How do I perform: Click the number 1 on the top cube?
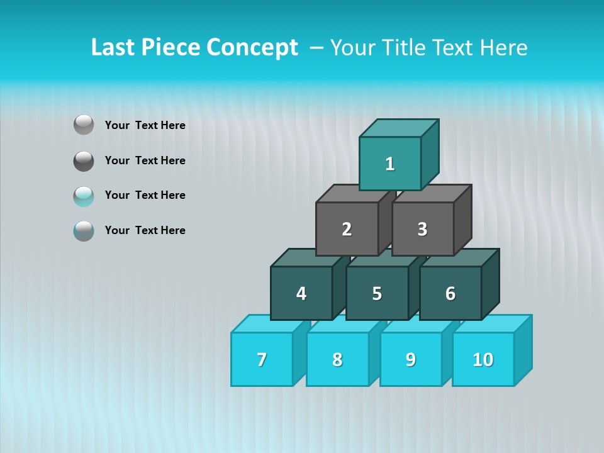pyautogui.click(x=390, y=164)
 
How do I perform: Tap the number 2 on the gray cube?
pyautogui.click(x=347, y=230)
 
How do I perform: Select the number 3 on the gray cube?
pyautogui.click(x=422, y=230)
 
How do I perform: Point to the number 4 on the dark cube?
pyautogui.click(x=301, y=294)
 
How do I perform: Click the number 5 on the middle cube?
pyautogui.click(x=377, y=294)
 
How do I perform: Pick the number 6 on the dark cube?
pyautogui.click(x=450, y=294)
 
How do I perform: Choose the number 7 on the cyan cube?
pyautogui.click(x=262, y=360)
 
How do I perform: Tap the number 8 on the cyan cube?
pyautogui.click(x=337, y=360)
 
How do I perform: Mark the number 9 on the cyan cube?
pyautogui.click(x=411, y=360)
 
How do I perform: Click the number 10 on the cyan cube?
pyautogui.click(x=483, y=360)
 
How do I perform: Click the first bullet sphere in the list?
pyautogui.click(x=84, y=125)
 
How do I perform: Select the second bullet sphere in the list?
pyautogui.click(x=84, y=160)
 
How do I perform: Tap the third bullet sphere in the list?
pyautogui.click(x=84, y=196)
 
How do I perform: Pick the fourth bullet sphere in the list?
pyautogui.click(x=84, y=230)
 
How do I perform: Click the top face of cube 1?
pyautogui.click(x=399, y=128)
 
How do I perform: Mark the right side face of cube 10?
pyautogui.click(x=523, y=350)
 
